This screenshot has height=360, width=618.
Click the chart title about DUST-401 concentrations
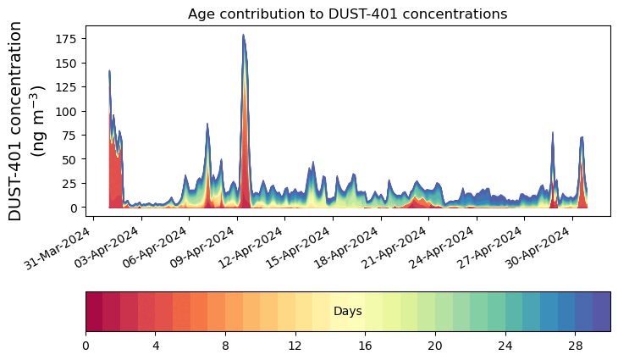[347, 14]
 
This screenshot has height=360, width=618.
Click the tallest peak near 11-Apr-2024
[243, 36]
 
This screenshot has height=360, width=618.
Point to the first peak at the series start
[110, 72]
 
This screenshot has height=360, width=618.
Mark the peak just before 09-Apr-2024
[207, 124]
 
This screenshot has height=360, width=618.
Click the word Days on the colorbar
[348, 312]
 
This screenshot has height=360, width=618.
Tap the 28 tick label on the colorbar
[576, 346]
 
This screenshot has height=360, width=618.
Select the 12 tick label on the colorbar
[295, 346]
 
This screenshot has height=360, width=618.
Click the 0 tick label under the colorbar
[86, 346]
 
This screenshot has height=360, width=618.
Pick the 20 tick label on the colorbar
[435, 346]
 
